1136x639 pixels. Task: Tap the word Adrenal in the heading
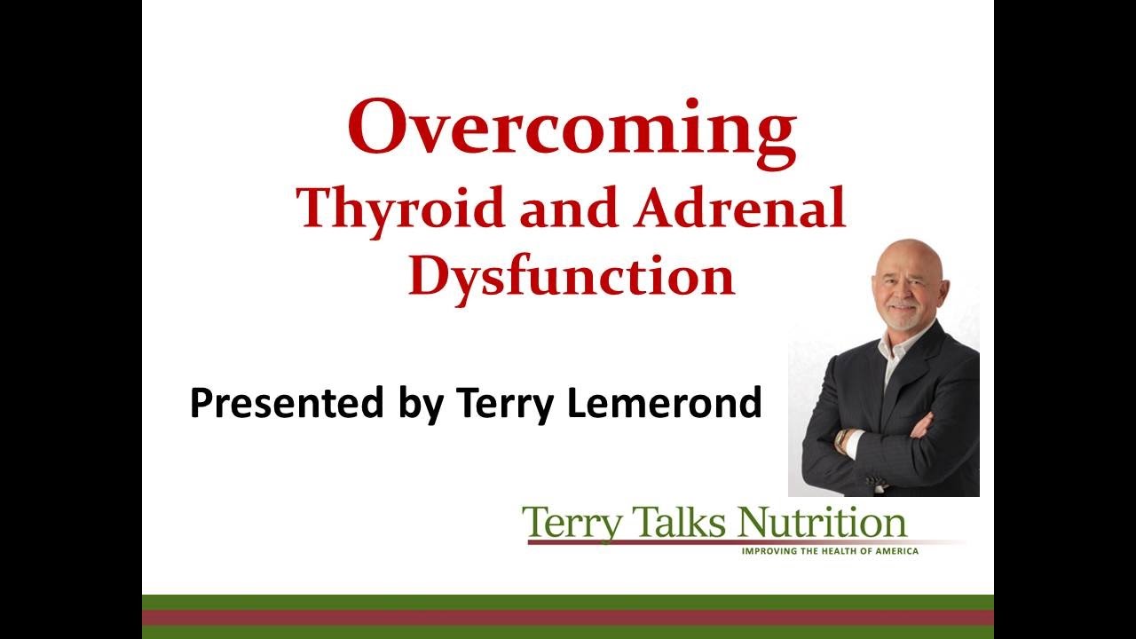click(x=739, y=207)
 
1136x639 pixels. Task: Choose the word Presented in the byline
click(x=287, y=402)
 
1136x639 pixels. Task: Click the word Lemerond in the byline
click(x=665, y=402)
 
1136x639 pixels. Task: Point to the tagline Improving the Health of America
click(x=830, y=551)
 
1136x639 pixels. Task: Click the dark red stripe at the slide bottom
click(x=568, y=617)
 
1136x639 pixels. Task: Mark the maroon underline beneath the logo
click(x=745, y=542)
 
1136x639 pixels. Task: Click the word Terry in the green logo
click(x=572, y=525)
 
